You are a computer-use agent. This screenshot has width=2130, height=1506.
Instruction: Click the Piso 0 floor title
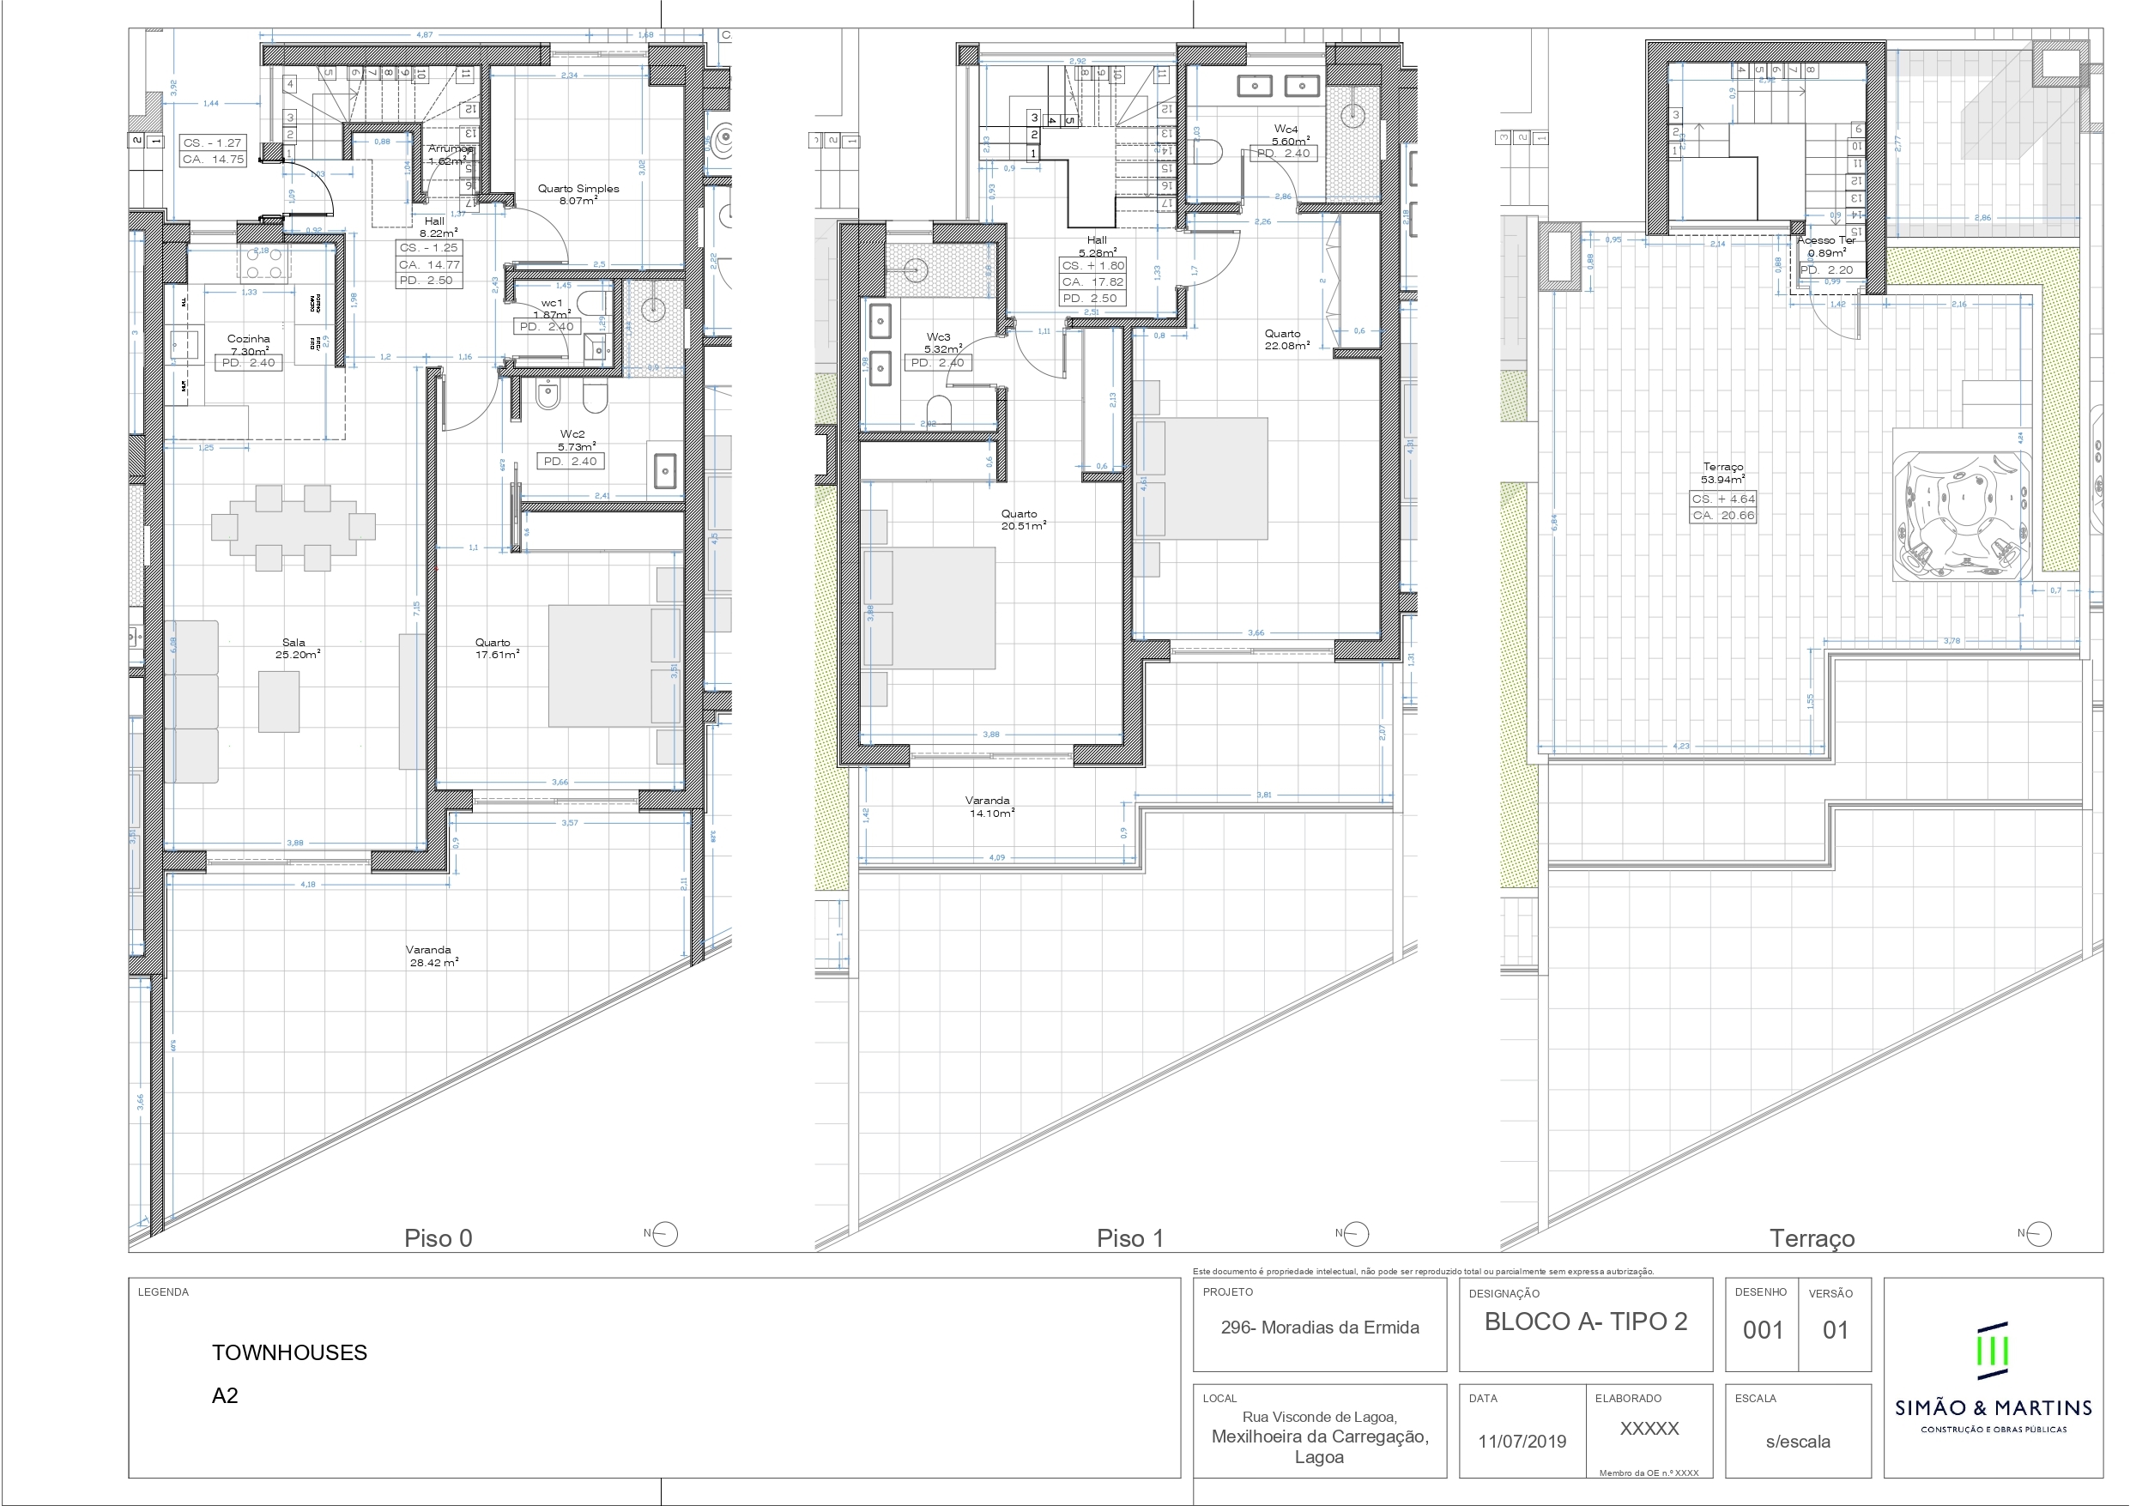[438, 1237]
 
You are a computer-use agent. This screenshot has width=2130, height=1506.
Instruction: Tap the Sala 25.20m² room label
[296, 648]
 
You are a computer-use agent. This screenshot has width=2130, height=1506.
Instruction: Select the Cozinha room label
[249, 340]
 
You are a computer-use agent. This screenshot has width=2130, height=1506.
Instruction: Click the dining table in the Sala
[293, 527]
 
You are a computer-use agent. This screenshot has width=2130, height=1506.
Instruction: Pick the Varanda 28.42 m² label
[433, 956]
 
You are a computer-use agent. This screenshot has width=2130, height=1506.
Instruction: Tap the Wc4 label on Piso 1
[1286, 130]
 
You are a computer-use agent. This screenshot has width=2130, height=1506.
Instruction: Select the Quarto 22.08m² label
[1285, 339]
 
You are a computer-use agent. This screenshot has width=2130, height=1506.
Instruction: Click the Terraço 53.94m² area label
[1722, 473]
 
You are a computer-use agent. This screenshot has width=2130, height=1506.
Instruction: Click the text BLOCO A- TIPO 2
[1585, 1322]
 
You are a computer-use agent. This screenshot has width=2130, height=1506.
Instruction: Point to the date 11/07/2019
[1522, 1441]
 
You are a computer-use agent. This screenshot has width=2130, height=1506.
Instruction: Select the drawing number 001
[1763, 1330]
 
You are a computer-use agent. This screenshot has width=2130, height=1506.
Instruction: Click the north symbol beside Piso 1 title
[1355, 1234]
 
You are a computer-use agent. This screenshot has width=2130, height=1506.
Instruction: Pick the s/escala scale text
[1798, 1441]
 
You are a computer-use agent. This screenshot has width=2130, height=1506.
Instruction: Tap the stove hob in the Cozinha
[263, 263]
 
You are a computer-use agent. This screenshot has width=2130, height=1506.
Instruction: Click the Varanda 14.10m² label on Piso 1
[989, 807]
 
